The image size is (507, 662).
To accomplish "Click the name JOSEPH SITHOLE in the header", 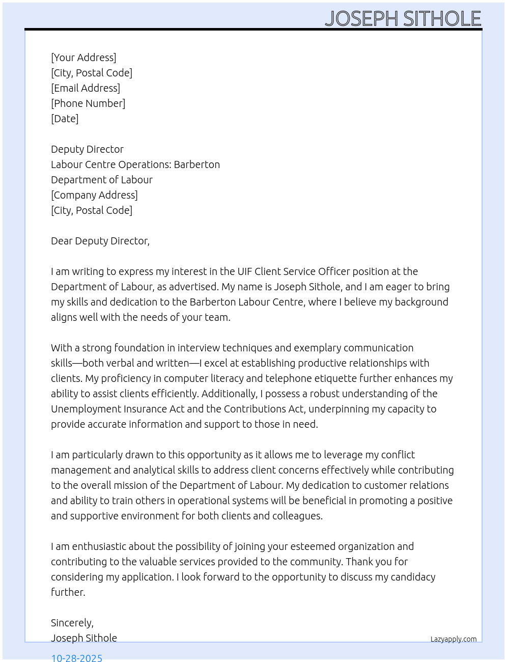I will (403, 19).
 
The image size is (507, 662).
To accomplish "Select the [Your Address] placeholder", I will (83, 58).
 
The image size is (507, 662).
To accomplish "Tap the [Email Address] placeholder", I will (86, 88).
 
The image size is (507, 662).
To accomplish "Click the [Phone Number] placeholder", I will (88, 103).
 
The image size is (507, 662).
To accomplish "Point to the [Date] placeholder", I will (65, 119).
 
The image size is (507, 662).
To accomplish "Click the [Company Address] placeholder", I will (94, 195).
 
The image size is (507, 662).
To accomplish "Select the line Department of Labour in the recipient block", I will (102, 180).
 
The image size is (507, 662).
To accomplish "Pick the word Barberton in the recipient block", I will (197, 164).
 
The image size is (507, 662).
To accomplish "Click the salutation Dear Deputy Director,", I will (100, 241).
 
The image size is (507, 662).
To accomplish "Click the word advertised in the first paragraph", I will (193, 287).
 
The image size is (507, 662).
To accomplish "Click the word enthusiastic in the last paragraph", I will (99, 546).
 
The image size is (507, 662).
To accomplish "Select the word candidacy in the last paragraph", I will (413, 577).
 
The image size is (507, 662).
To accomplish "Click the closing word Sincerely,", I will (72, 623).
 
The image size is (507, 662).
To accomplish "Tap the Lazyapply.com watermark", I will (454, 639).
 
